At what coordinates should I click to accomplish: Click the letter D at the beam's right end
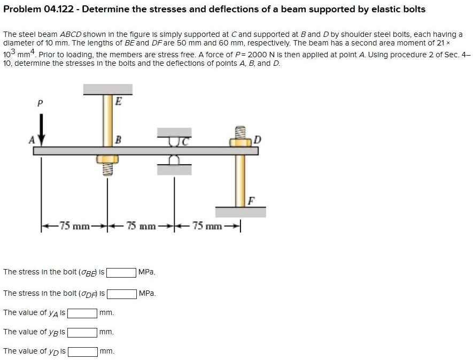click(x=258, y=140)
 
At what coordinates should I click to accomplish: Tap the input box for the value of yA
click(x=82, y=313)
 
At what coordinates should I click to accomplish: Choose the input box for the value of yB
click(x=82, y=332)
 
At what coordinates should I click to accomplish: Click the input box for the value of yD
click(x=82, y=351)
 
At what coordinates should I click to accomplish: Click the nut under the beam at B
click(x=107, y=159)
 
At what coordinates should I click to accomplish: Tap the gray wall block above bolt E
click(x=107, y=89)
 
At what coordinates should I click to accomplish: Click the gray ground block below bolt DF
click(x=241, y=212)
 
